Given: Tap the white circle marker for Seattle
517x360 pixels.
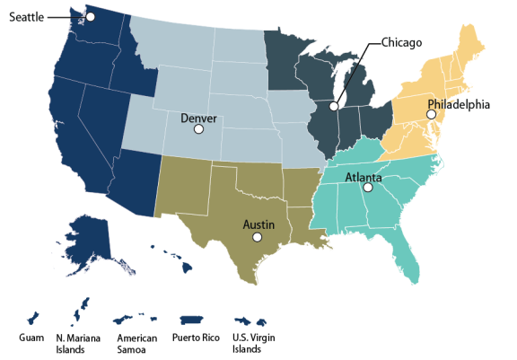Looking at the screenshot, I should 90,17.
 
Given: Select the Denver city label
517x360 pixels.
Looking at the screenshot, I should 198,118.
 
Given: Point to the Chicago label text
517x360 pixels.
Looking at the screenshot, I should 402,42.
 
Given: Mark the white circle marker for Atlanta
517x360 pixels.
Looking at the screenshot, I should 366,189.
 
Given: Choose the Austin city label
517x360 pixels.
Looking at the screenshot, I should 258,224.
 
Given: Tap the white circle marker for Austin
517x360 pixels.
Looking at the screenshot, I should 257,237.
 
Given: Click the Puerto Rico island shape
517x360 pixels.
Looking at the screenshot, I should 193,320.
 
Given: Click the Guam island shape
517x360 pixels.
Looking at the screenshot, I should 33,318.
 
